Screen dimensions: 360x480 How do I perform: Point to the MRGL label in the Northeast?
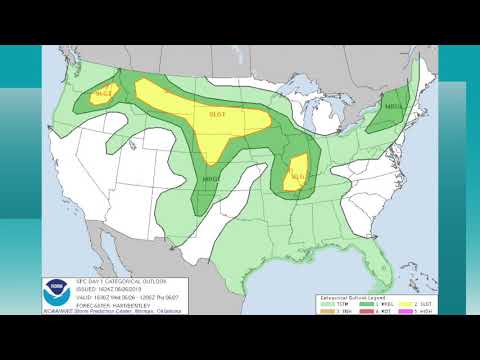pos(393,103)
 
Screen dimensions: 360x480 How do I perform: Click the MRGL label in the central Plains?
pos(212,179)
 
